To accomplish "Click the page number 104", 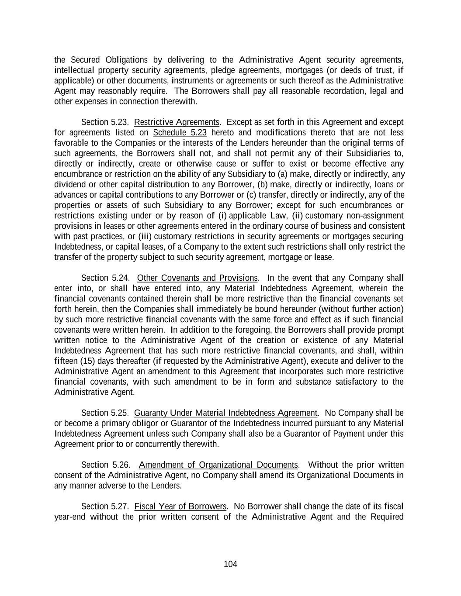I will [x=230, y=564].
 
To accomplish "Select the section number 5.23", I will [x=119, y=122].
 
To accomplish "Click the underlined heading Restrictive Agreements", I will [x=177, y=122].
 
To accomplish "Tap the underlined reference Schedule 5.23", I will [x=180, y=133].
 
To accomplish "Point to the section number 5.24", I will [x=119, y=278].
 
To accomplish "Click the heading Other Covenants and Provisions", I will [x=197, y=278].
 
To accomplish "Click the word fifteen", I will [x=66, y=361].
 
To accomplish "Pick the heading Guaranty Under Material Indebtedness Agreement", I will [x=225, y=413].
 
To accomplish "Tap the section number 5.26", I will [x=119, y=465].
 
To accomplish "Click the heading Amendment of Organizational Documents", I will [x=218, y=465].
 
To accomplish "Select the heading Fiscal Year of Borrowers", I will [x=180, y=506].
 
